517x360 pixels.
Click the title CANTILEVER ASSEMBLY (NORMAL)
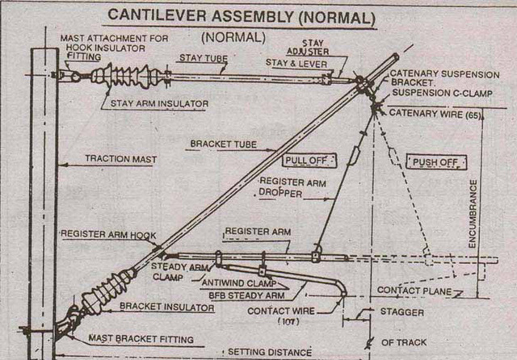pyautogui.click(x=242, y=15)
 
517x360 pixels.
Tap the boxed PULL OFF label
pyautogui.click(x=305, y=161)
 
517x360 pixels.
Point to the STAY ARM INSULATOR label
pyautogui.click(x=154, y=103)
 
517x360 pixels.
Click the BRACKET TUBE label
pyautogui.click(x=222, y=144)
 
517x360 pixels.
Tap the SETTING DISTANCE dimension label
pyautogui.click(x=268, y=352)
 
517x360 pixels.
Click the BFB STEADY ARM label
pyautogui.click(x=242, y=295)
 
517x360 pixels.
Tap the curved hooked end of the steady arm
pyautogui.click(x=342, y=287)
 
